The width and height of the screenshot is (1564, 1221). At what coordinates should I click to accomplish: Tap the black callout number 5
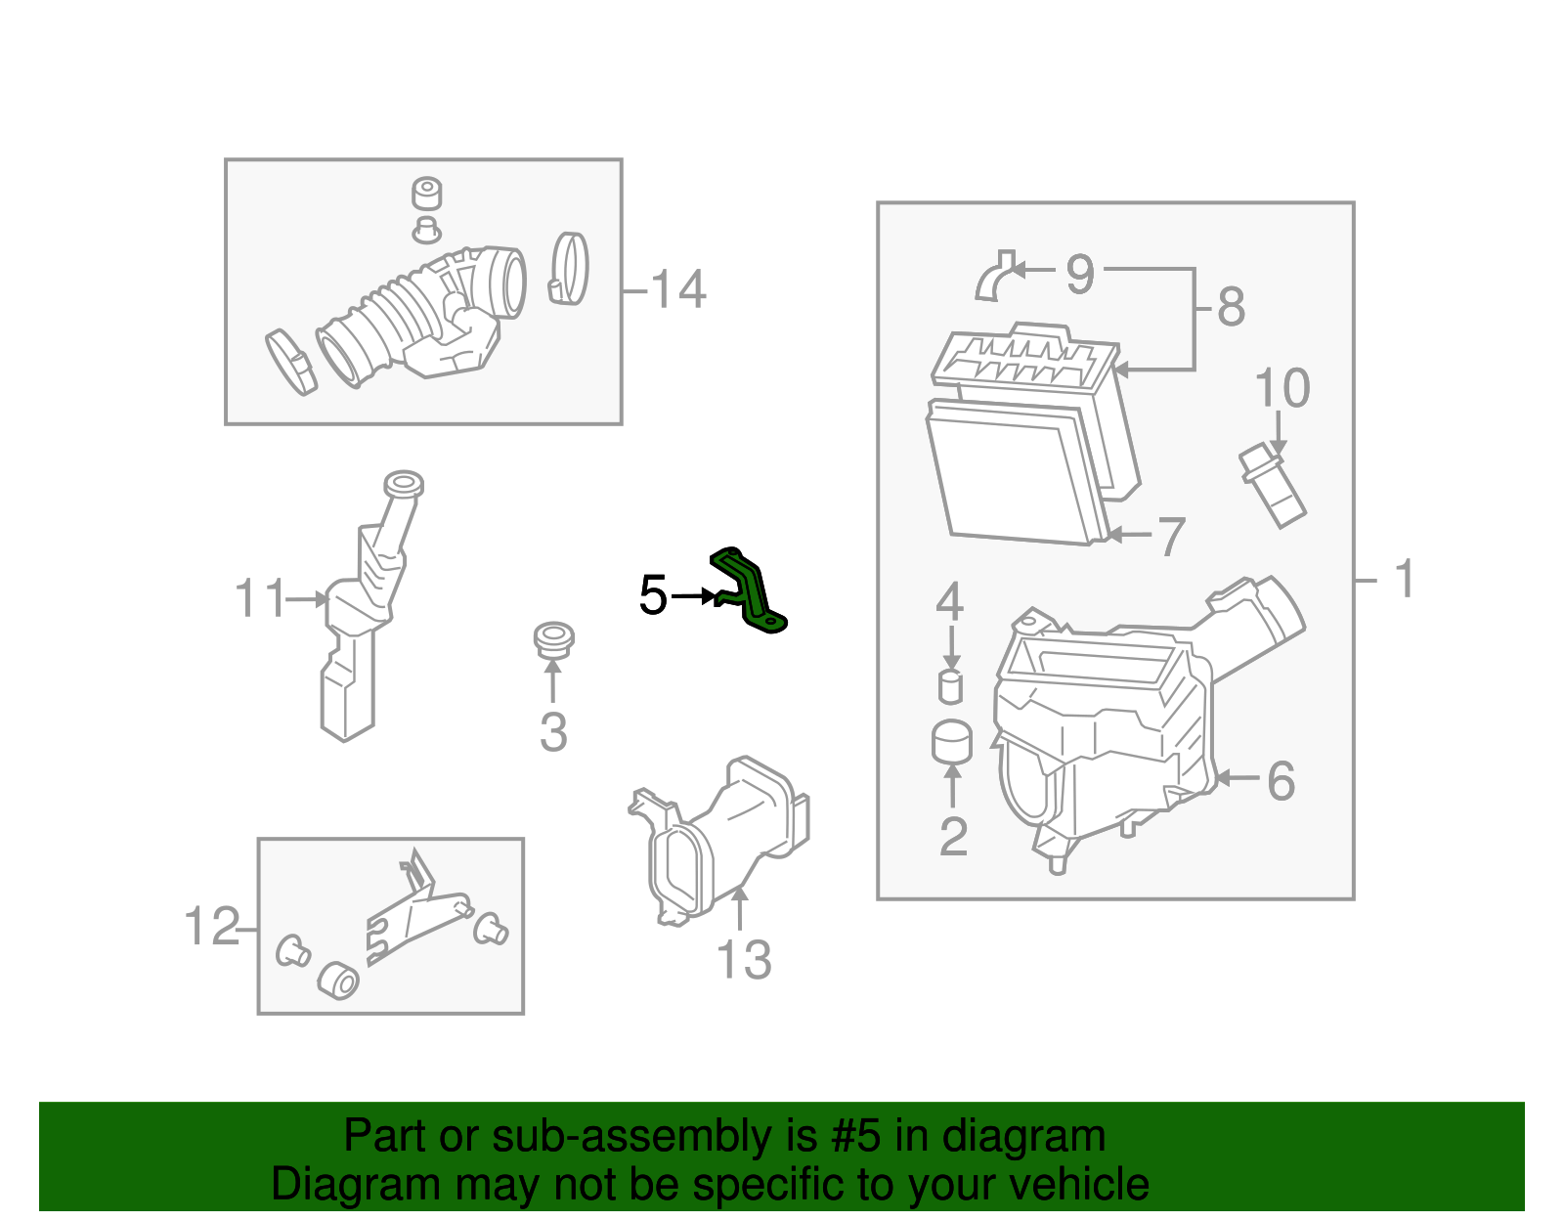[653, 595]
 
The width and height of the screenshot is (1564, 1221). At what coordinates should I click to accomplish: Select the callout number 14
[678, 290]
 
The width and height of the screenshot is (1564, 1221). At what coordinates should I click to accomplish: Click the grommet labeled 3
[553, 639]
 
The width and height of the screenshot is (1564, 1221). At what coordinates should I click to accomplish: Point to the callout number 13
[744, 960]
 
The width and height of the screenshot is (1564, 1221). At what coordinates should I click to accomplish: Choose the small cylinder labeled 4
[950, 687]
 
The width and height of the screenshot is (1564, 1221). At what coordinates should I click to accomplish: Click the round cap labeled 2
[952, 742]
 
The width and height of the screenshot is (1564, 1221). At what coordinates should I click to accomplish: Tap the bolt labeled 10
[1272, 486]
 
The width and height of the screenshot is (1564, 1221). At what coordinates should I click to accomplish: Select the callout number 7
[1171, 537]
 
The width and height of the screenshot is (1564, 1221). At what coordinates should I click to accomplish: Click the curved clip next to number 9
[994, 277]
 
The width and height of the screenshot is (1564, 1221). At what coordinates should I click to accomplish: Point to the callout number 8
[1231, 307]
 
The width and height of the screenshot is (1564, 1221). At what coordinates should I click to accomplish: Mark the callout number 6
[1281, 781]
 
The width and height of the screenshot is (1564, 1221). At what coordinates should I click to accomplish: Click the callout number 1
[1405, 579]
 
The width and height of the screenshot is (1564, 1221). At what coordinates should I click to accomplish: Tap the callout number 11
[260, 598]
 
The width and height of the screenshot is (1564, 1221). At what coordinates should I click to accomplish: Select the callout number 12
[211, 927]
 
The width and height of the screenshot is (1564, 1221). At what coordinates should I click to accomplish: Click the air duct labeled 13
[723, 841]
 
